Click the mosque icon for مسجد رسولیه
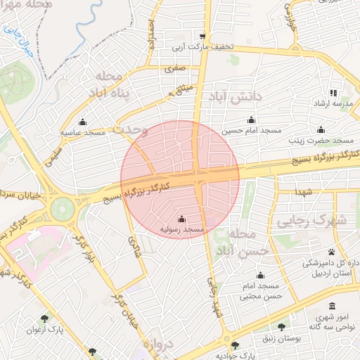click(x=182, y=219)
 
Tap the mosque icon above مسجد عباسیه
click(x=83, y=121)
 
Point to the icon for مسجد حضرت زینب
click(x=321, y=129)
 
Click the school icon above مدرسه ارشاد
click(x=333, y=93)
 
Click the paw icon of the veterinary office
click(x=331, y=252)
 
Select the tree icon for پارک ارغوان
click(x=45, y=318)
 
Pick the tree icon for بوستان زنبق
click(x=282, y=327)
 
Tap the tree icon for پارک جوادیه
click(x=236, y=345)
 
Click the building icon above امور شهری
click(x=332, y=306)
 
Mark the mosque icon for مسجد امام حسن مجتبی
click(x=260, y=275)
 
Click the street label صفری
click(x=174, y=70)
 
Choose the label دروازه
click(x=158, y=346)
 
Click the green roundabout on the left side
click(x=62, y=207)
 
